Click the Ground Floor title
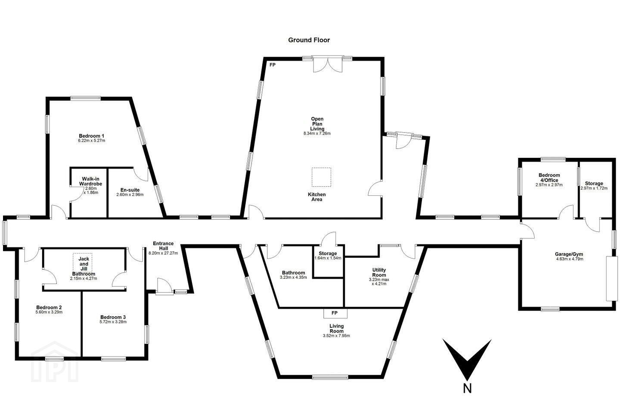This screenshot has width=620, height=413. tap(309, 40)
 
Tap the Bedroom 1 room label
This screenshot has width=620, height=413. tap(91, 136)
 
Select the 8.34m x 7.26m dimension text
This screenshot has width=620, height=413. tap(317, 133)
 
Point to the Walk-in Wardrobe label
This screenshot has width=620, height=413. tap(90, 181)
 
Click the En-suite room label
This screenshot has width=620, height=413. tap(130, 190)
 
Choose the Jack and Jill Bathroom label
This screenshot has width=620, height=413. tap(84, 266)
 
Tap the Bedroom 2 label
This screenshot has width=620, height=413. tap(49, 307)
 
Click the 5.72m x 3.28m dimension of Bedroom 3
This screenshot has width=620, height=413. tap(113, 322)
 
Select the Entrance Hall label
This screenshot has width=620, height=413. tap(163, 246)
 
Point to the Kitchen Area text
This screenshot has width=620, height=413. tap(316, 197)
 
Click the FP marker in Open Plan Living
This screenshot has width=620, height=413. tap(273, 65)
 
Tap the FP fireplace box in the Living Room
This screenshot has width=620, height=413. tap(335, 314)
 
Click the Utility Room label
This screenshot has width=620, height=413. tap(379, 272)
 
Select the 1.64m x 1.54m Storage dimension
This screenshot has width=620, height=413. tap(328, 258)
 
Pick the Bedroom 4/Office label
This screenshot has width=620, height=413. tap(549, 178)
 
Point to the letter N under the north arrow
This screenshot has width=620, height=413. tap(467, 388)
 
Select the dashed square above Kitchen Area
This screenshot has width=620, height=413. tap(321, 177)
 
